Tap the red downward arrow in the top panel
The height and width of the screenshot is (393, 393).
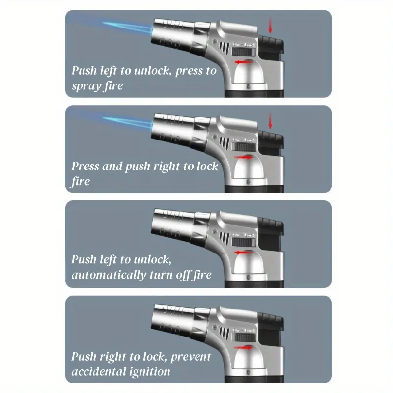pyautogui.click(x=270, y=26)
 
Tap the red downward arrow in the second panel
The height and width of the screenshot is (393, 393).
pyautogui.click(x=270, y=120)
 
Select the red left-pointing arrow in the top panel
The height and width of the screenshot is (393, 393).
pyautogui.click(x=243, y=62)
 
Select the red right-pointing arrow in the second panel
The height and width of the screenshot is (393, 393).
pyautogui.click(x=243, y=157)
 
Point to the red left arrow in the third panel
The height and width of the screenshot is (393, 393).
pyautogui.click(x=243, y=253)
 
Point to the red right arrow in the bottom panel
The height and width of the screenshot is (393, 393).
pyautogui.click(x=243, y=347)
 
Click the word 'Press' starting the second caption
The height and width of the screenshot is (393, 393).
pyautogui.click(x=85, y=166)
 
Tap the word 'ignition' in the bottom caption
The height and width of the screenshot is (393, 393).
pyautogui.click(x=149, y=372)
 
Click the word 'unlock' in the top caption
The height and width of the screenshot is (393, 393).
pyautogui.click(x=153, y=71)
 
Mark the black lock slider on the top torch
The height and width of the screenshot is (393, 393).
pyautogui.click(x=244, y=52)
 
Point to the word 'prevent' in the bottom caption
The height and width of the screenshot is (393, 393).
pyautogui.click(x=191, y=357)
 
